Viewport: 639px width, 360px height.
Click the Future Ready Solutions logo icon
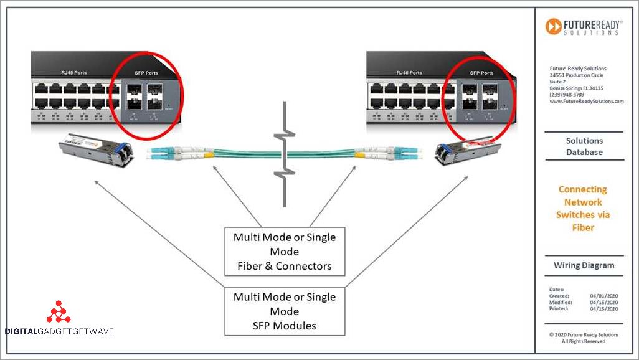pyautogui.click(x=553, y=26)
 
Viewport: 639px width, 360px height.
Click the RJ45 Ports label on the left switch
pyautogui.click(x=74, y=73)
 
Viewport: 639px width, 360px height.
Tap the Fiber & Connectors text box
pyautogui.click(x=284, y=252)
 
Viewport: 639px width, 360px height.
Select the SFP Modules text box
pyautogui.click(x=284, y=311)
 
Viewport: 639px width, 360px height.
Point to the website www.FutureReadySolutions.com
pyautogui.click(x=586, y=101)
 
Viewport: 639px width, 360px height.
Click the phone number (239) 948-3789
pyautogui.click(x=567, y=95)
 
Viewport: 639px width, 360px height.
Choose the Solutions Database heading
pyautogui.click(x=584, y=146)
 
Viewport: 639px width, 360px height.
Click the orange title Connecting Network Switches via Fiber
pyautogui.click(x=583, y=208)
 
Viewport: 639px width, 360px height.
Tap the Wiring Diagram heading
pyautogui.click(x=584, y=265)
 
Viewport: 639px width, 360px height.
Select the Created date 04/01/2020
pyautogui.click(x=603, y=296)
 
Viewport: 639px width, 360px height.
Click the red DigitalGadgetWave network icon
pyautogui.click(x=59, y=312)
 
